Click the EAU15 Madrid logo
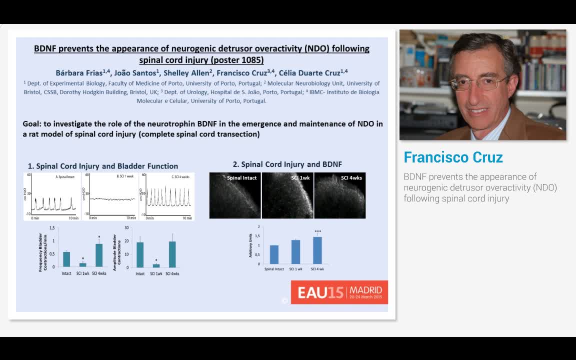click(x=339, y=292)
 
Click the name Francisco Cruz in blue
click(x=453, y=157)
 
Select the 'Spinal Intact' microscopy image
click(x=234, y=195)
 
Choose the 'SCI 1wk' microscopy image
click(x=287, y=195)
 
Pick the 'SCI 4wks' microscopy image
click(x=339, y=195)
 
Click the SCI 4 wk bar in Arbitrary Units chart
click(x=317, y=250)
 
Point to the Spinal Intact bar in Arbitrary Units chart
click(x=274, y=254)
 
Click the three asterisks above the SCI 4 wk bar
click(x=317, y=231)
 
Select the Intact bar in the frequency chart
click(x=66, y=259)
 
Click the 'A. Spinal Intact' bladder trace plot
click(x=52, y=196)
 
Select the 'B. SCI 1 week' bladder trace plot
click(x=109, y=196)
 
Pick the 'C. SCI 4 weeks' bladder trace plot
click(x=167, y=196)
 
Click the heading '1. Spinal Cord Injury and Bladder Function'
click(x=102, y=166)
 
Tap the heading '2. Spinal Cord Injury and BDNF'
click(x=287, y=164)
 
